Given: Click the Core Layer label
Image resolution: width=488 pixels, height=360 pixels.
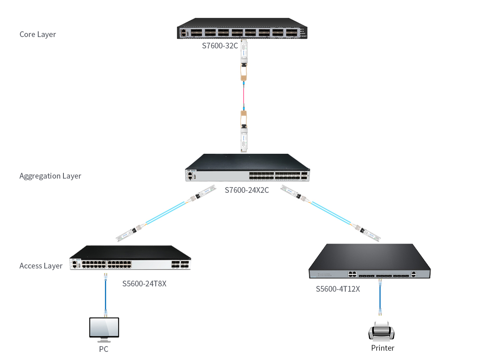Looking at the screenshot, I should [37, 35].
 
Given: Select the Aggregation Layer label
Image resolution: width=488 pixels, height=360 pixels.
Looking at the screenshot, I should [50, 176].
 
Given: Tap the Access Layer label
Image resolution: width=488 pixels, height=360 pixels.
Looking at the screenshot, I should [41, 266].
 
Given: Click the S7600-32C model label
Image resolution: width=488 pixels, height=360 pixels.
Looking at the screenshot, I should [220, 46].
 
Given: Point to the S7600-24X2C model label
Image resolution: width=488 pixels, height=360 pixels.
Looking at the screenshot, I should [247, 190].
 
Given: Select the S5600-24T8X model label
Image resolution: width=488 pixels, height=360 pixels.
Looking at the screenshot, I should [144, 284].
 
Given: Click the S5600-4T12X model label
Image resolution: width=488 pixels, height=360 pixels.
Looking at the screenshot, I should [338, 289].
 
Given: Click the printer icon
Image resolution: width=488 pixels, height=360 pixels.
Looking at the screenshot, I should [381, 331].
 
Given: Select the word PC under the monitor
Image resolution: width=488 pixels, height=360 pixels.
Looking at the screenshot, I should [104, 349].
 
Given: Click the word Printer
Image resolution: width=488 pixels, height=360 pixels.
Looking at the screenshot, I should [383, 348].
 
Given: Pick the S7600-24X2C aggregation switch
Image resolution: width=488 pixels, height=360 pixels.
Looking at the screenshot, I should [247, 168].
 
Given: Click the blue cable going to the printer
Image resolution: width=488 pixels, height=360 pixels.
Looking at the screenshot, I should [380, 297].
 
